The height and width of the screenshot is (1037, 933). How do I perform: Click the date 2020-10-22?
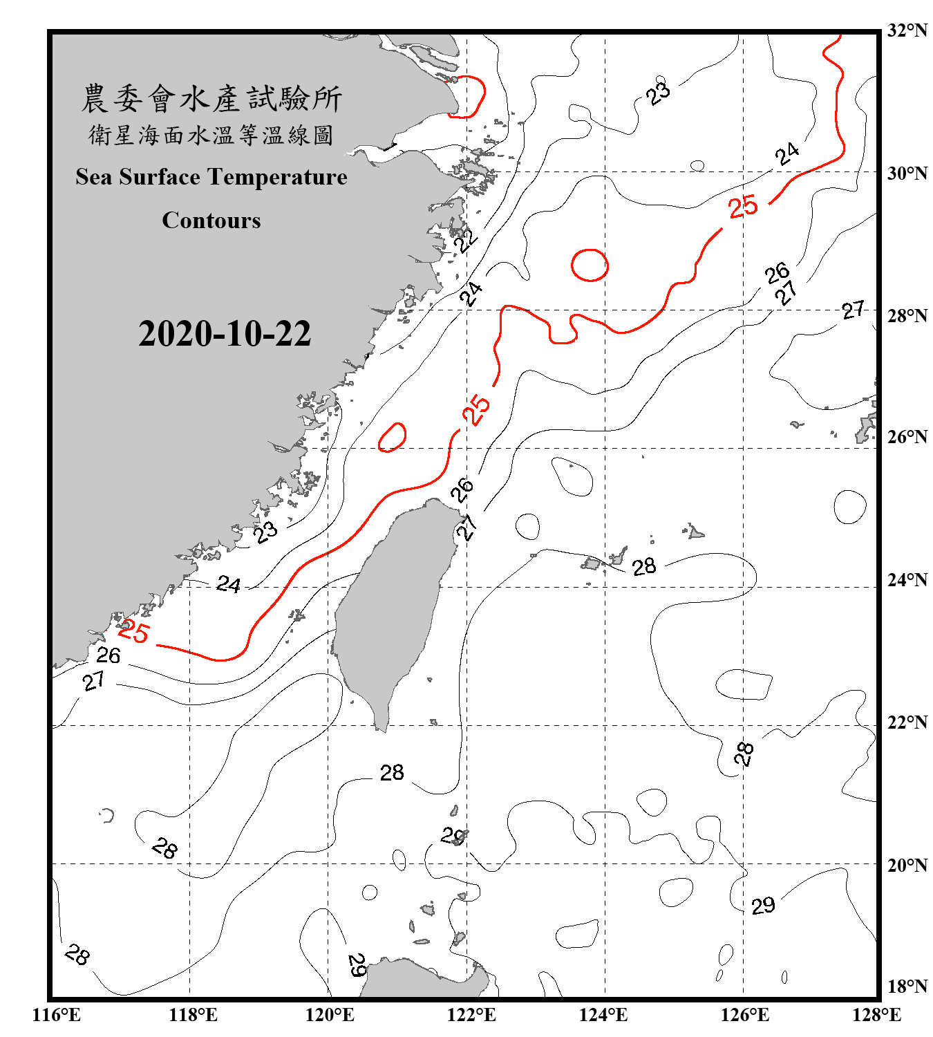(225, 334)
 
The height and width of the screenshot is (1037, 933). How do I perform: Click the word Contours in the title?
(211, 221)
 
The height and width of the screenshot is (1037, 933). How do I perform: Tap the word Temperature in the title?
(275, 178)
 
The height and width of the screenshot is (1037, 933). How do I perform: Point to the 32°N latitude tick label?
(907, 30)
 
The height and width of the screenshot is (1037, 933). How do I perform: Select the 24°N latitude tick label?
(907, 579)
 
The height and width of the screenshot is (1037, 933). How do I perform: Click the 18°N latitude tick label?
(907, 987)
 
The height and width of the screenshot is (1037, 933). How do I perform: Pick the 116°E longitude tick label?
(56, 1015)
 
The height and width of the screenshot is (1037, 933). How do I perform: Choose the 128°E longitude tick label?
(876, 1015)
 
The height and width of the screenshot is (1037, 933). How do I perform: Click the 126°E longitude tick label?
(744, 1015)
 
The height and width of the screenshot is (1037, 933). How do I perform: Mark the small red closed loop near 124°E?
(590, 265)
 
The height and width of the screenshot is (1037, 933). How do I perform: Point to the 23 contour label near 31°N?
(659, 92)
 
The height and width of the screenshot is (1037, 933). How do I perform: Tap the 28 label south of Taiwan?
(392, 772)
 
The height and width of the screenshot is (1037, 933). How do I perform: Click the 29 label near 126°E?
(763, 906)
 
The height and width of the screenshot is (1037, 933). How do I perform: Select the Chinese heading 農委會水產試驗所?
(211, 98)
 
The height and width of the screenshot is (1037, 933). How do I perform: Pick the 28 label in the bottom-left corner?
(77, 955)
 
